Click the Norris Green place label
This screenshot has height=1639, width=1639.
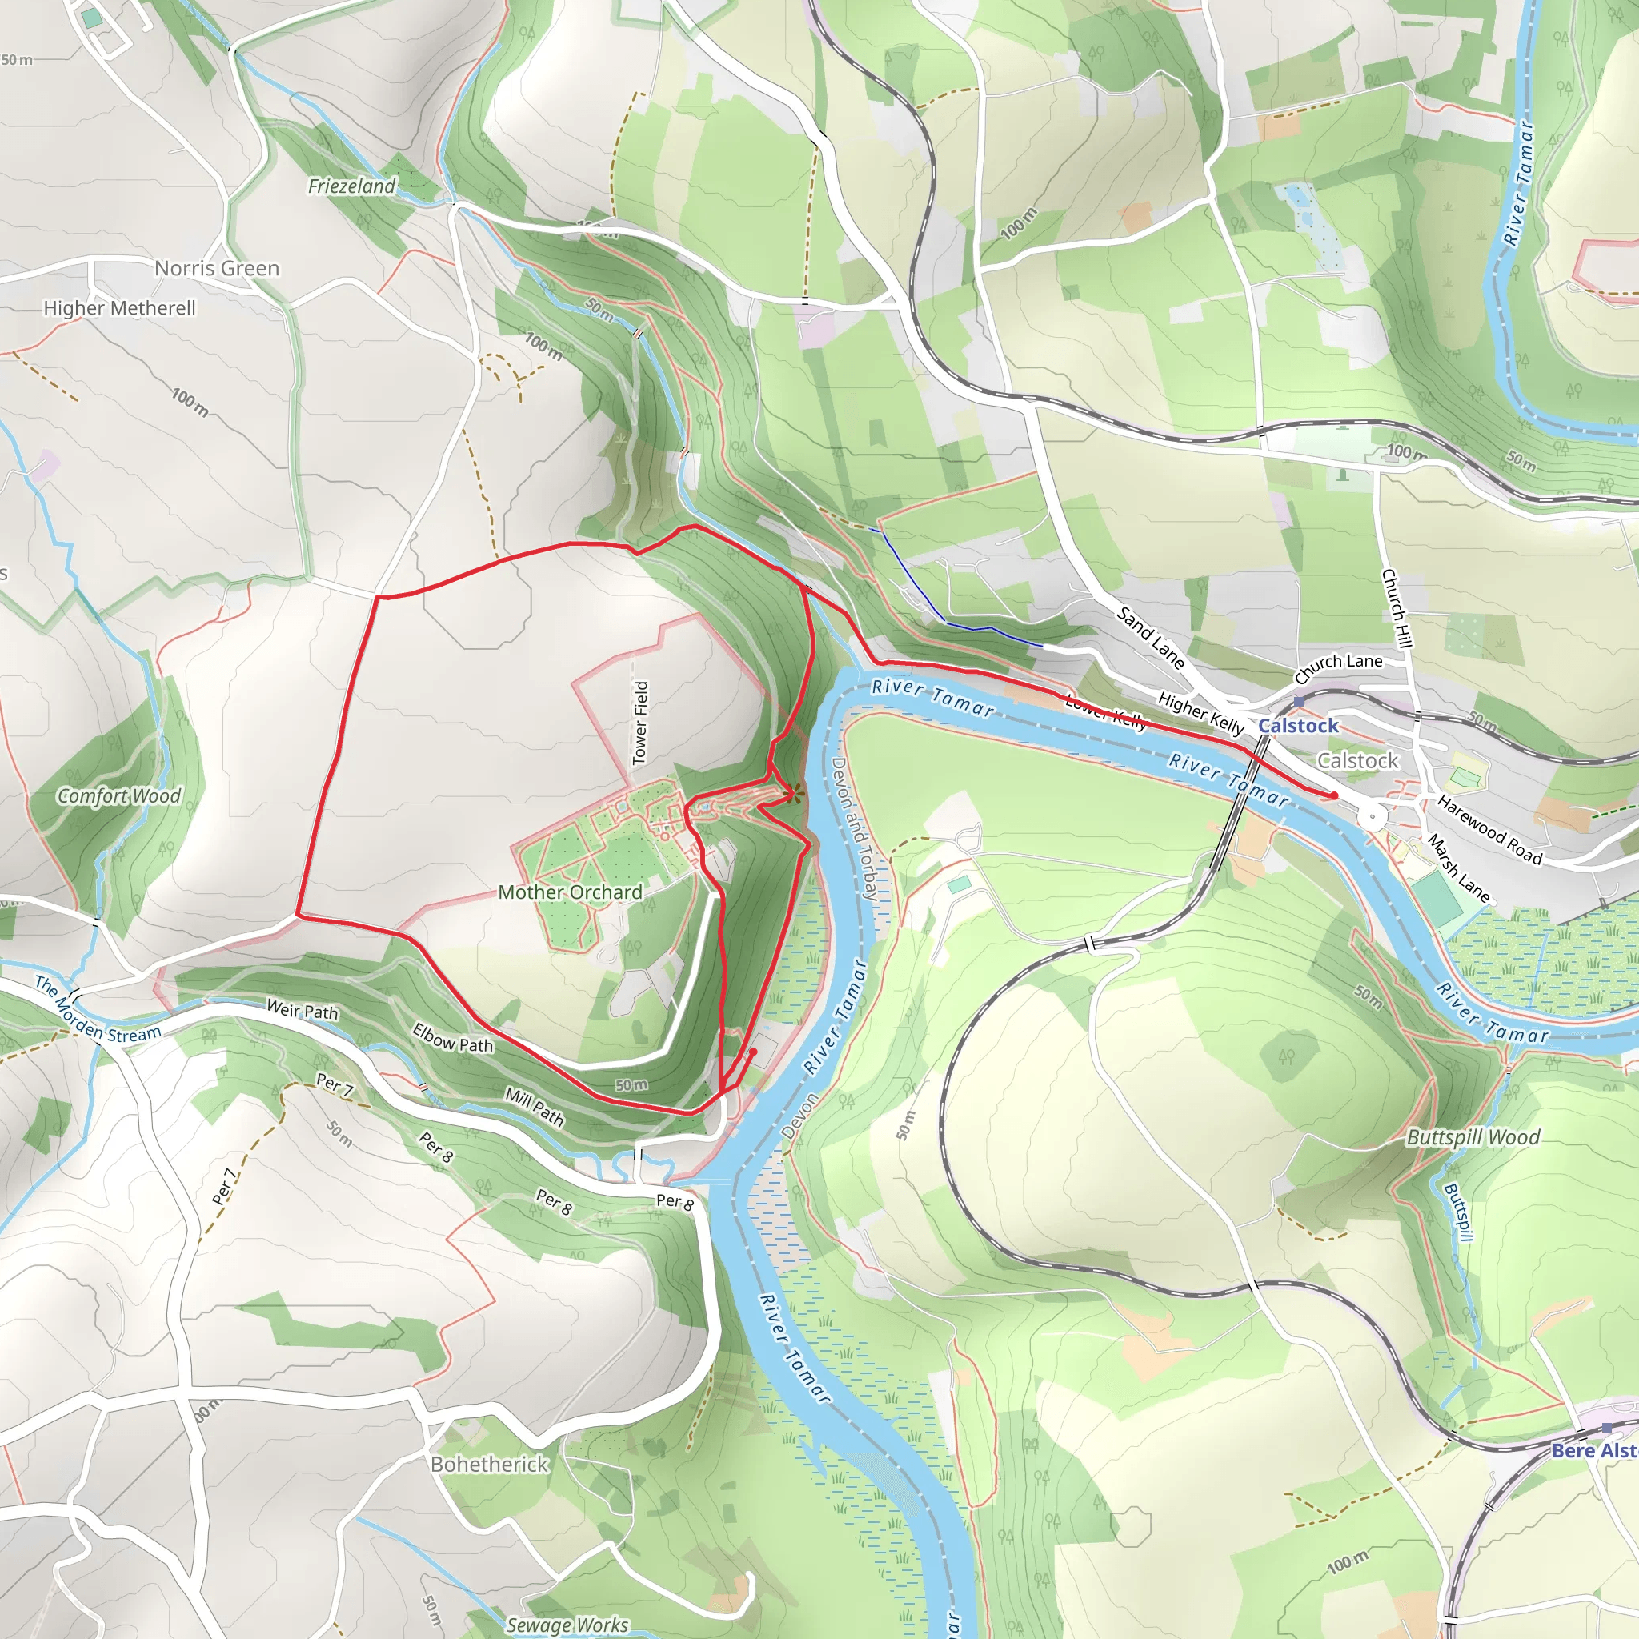point(216,268)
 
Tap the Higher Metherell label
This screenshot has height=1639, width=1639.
point(119,308)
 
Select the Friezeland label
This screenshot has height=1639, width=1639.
point(351,186)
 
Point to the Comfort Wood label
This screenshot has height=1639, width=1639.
point(118,795)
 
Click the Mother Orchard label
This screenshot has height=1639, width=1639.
point(570,892)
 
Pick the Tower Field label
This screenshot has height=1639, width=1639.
point(641,722)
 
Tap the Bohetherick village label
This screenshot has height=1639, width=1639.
point(490,1465)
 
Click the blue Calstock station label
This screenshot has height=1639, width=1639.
point(1298,725)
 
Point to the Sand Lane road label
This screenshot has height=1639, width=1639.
point(1150,637)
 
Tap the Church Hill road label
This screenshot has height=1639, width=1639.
point(1396,608)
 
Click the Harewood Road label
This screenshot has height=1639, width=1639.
point(1489,829)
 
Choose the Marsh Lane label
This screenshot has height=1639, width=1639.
point(1458,867)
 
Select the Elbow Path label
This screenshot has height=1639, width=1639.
point(452,1037)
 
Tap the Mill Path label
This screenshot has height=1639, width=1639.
point(535,1106)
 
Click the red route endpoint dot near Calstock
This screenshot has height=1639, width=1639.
point(1334,795)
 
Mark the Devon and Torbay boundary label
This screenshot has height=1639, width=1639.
point(852,828)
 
